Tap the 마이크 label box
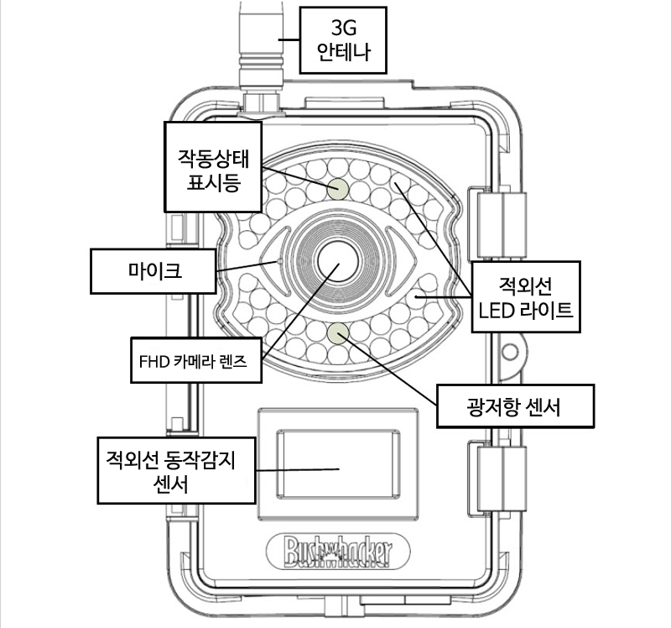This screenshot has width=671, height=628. coord(155,270)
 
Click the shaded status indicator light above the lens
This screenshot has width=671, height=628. coord(338,187)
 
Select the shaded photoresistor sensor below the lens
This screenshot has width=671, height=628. coord(338,335)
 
